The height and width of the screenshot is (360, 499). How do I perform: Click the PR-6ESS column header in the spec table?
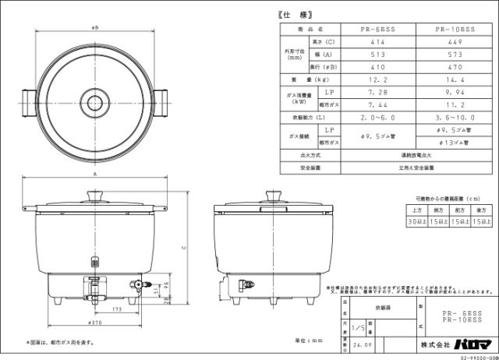(x=378, y=28)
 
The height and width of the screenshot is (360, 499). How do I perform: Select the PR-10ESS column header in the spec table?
(x=455, y=28)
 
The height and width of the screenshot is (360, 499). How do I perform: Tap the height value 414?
(x=378, y=42)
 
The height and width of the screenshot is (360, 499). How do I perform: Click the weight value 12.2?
(x=378, y=80)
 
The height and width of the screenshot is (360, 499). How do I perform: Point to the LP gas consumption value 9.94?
(x=455, y=92)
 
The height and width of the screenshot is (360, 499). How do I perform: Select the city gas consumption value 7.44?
(x=378, y=104)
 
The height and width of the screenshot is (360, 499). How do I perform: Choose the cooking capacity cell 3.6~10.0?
(x=455, y=118)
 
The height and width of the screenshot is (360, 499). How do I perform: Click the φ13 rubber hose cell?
(x=455, y=143)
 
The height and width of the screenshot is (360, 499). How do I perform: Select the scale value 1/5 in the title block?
(x=358, y=330)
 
